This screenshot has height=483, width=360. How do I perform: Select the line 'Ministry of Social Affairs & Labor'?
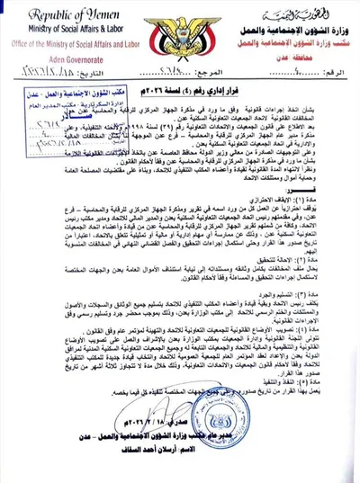tap(71, 31)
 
